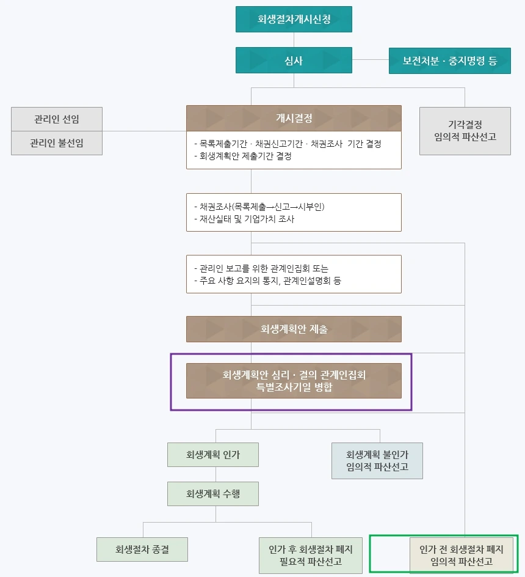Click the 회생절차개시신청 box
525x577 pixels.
tap(294, 19)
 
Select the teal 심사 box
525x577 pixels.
tap(294, 61)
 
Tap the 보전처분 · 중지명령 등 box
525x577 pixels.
tap(449, 61)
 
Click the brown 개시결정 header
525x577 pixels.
tap(294, 118)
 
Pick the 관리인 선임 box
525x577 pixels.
tap(57, 119)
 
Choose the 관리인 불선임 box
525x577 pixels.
tap(57, 143)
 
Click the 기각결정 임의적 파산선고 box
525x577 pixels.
tap(465, 131)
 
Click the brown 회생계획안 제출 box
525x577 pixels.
tap(294, 329)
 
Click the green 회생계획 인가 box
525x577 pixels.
tap(213, 455)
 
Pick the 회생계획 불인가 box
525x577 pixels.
tap(377, 461)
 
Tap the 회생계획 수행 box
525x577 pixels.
tap(213, 494)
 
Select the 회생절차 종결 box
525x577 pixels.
tap(142, 549)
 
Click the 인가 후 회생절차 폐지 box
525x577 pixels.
tap(311, 555)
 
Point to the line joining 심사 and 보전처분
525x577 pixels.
tap(371, 60)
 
